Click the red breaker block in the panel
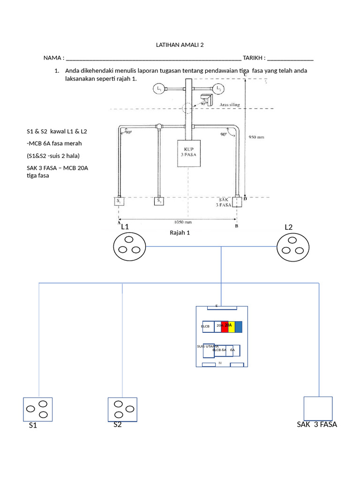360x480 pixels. tap(225, 327)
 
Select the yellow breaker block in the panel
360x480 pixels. tap(231, 327)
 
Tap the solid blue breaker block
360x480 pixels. tap(238, 327)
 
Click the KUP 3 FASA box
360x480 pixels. tap(189, 153)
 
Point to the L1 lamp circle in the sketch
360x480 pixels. tap(159, 89)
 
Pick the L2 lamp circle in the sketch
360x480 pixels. tap(218, 89)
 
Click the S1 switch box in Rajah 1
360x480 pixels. tap(119, 201)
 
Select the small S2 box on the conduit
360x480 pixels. tap(159, 201)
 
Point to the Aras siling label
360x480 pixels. tap(230, 105)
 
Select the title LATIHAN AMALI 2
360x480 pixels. tap(180, 45)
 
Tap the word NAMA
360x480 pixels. tap(52, 58)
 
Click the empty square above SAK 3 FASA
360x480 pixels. tap(318, 408)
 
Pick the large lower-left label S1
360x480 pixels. tap(33, 426)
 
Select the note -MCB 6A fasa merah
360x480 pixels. tap(54, 143)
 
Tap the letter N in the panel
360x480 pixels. tap(220, 363)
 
